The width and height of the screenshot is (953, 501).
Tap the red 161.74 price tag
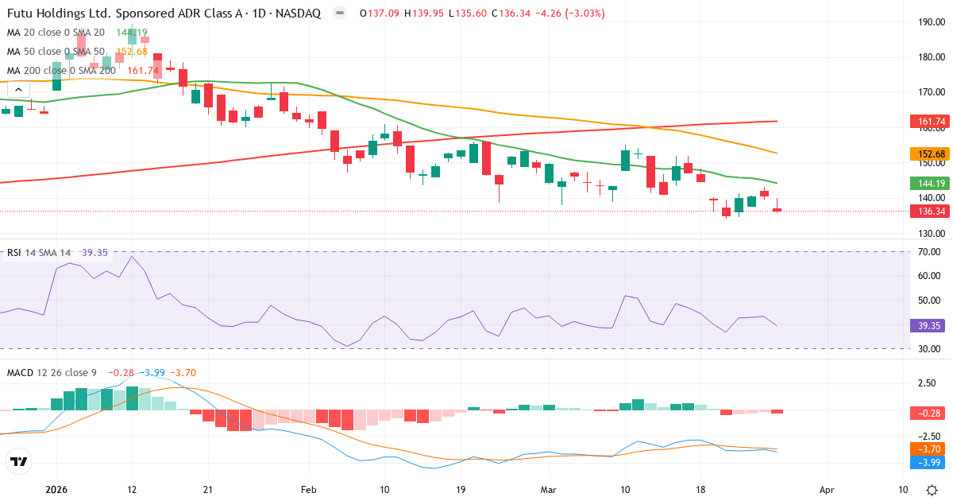(928, 122)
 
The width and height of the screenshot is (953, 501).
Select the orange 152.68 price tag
(928, 153)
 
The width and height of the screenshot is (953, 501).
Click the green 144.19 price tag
(928, 183)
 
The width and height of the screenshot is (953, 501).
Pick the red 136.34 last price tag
(928, 212)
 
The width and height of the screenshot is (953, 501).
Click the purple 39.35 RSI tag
(928, 325)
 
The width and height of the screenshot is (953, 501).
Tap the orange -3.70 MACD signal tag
(928, 449)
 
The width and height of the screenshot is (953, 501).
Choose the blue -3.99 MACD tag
(928, 462)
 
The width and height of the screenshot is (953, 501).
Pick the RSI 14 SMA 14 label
(39, 253)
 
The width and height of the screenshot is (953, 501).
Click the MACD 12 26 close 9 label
(52, 373)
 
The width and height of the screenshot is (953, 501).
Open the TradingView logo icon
(19, 461)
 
